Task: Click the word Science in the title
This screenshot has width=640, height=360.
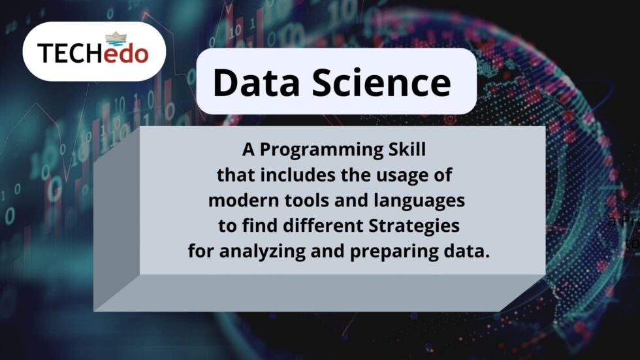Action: point(378,83)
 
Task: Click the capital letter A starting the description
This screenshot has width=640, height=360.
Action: point(247,150)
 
